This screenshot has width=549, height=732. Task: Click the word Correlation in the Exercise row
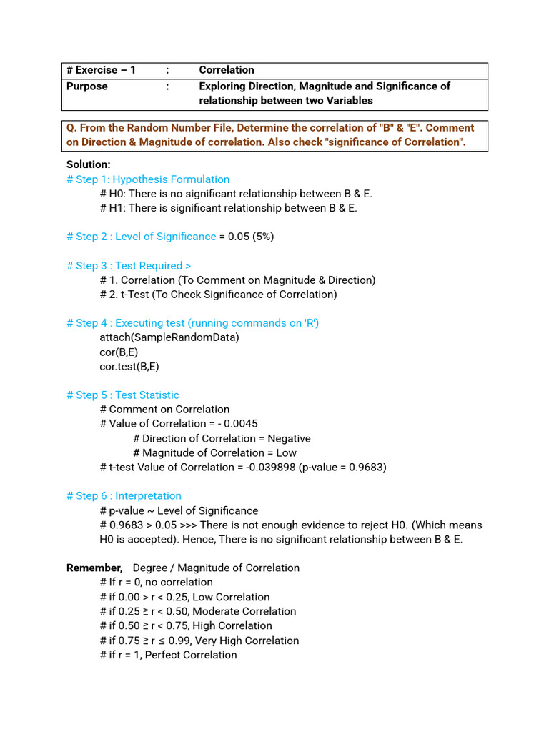pos(227,70)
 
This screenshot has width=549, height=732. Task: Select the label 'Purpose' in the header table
pos(87,86)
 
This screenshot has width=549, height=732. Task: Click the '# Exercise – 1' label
pos(101,70)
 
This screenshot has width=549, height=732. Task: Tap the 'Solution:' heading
pos(89,164)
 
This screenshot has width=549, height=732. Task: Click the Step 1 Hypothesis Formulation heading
pos(148,179)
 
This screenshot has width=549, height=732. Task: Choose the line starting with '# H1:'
pos(228,208)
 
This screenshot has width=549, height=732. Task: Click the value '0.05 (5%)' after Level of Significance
pos(251,237)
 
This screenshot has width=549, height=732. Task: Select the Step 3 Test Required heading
pos(129,266)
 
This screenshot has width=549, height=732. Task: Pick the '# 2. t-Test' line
pos(218,295)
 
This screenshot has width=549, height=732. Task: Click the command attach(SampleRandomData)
pos(169,337)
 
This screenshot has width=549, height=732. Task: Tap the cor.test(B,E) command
pos(129,366)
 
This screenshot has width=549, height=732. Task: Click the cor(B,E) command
pos(119,352)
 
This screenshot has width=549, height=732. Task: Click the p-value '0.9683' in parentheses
pos(367,467)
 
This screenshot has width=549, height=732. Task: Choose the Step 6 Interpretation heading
pos(124,496)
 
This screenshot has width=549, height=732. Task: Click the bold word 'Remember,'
pos(94,568)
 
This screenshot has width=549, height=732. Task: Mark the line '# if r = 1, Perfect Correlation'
pos(168,655)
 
